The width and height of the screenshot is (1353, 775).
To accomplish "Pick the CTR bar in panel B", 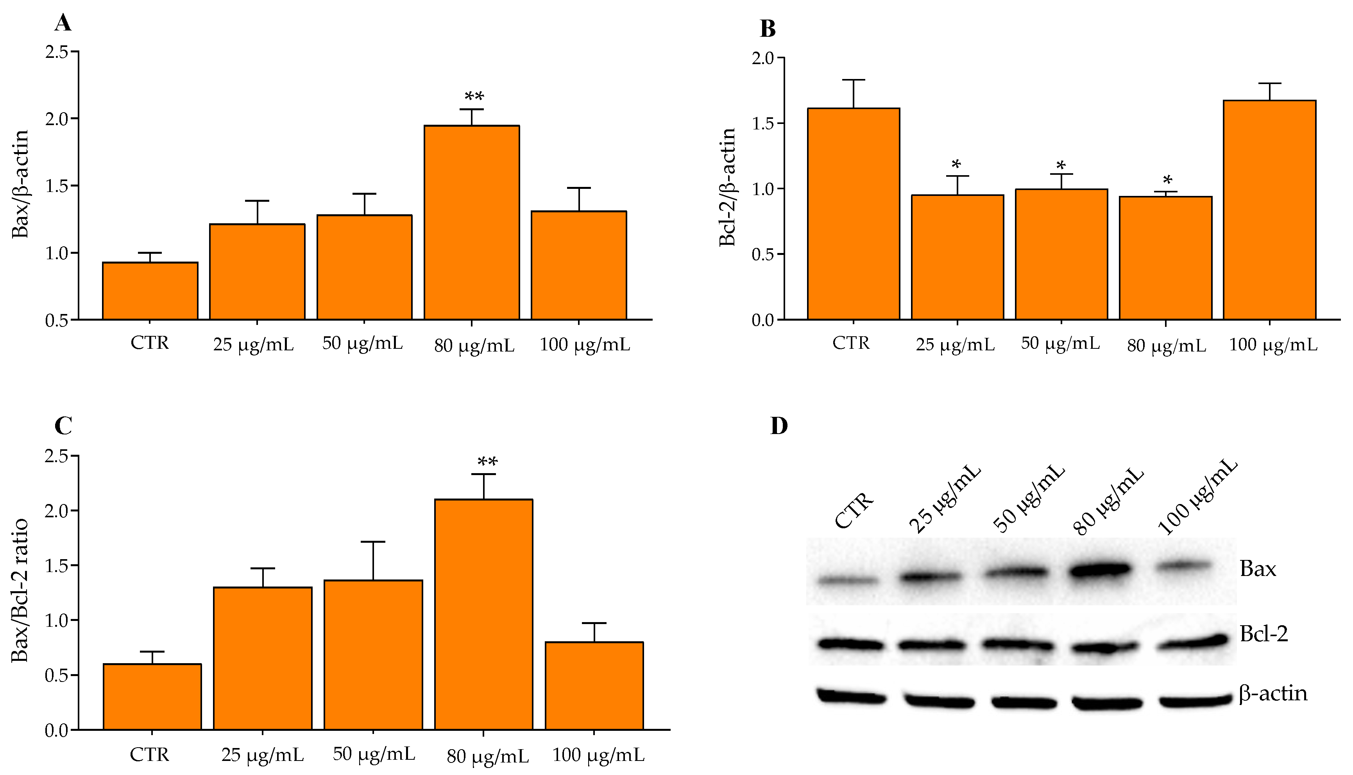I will (x=853, y=213).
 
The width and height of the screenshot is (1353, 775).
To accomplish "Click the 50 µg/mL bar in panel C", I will (x=373, y=655).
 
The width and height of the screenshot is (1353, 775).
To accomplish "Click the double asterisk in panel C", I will (x=487, y=461).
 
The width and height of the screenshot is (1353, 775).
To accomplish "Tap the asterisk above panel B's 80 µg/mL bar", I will (x=1167, y=180).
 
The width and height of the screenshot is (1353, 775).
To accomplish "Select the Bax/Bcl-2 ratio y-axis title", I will (x=20, y=590).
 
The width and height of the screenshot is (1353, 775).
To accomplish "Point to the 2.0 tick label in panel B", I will (x=762, y=57).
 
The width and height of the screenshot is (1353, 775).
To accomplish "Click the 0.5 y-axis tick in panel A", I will (x=57, y=320).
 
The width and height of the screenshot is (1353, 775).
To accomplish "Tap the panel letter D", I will (x=779, y=426).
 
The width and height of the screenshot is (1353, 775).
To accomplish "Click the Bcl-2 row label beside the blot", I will (x=1264, y=634).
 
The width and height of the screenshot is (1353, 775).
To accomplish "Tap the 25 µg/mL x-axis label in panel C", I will (x=262, y=755).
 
